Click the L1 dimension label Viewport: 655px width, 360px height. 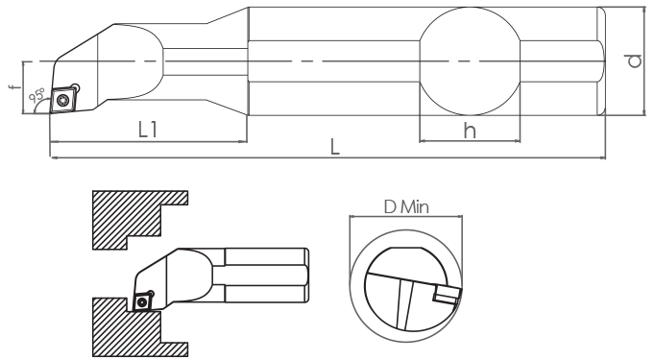point(148,130)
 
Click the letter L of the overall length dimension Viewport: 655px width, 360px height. point(334,147)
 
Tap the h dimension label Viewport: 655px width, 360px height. point(470,131)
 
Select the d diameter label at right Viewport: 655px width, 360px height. point(635,61)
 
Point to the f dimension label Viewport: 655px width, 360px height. point(14,86)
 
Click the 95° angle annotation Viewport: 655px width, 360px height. point(36,95)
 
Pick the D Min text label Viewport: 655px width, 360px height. point(406,206)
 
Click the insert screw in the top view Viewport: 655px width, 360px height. point(63,100)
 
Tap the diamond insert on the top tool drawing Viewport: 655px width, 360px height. point(63,100)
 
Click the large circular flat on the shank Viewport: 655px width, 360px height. point(470,61)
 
